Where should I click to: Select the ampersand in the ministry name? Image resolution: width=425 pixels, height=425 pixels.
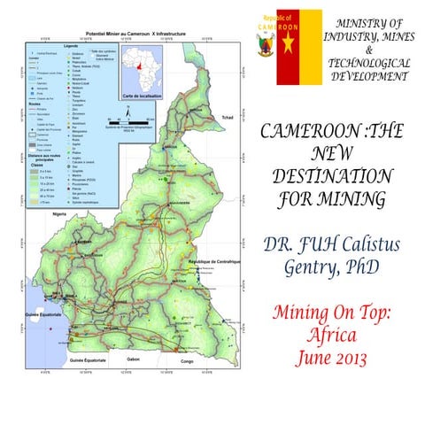[368, 50]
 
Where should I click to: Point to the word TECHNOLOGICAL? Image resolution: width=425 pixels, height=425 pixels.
[368, 63]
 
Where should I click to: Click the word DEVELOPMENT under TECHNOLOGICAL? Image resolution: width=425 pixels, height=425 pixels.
[368, 76]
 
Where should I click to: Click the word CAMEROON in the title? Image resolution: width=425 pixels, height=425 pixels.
[290, 132]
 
